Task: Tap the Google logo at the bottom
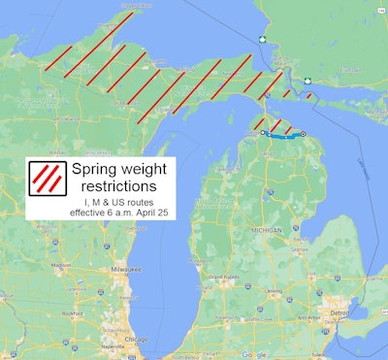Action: pyautogui.click(x=254, y=354)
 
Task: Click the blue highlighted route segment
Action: pyautogui.click(x=283, y=136)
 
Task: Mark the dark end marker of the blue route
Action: pyautogui.click(x=302, y=133)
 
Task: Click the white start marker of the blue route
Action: pyautogui.click(x=263, y=133)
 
